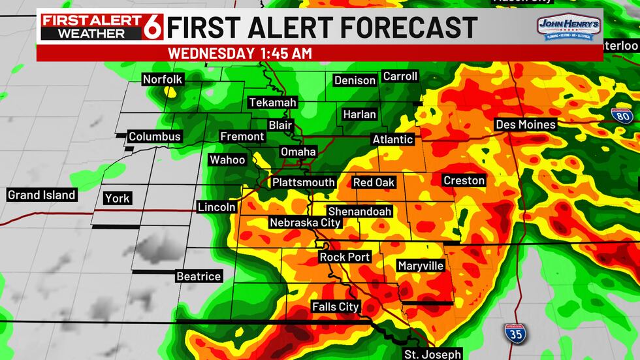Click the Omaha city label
[298, 152]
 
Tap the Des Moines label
[526, 124]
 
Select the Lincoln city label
[217, 207]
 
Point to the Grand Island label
[42, 195]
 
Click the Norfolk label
[163, 79]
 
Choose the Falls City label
[336, 306]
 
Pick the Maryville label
[421, 266]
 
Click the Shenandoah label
[360, 211]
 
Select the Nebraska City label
[306, 223]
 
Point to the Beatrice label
[199, 276]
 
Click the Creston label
[464, 180]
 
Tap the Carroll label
[400, 76]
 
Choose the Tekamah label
[272, 103]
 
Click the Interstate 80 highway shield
[622, 116]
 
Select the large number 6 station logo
[153, 26]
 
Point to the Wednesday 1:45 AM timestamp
[240, 53]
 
